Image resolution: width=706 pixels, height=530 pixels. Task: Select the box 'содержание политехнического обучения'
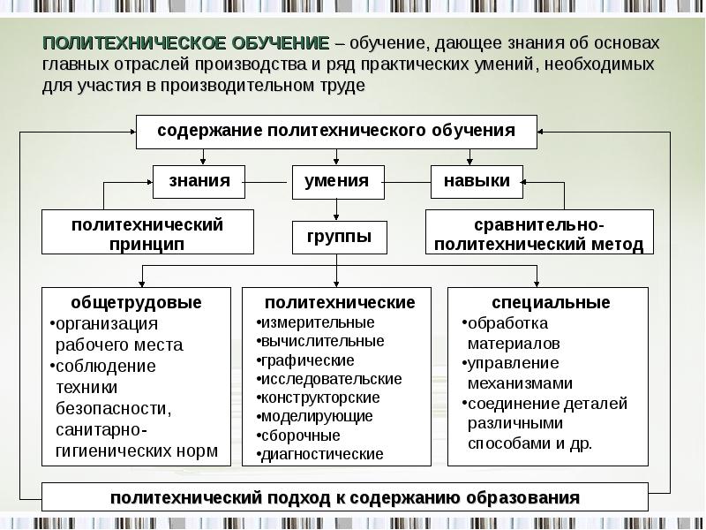click(x=336, y=132)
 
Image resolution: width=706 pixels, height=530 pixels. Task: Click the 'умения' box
click(x=337, y=181)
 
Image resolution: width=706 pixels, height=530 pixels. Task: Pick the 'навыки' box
click(x=477, y=181)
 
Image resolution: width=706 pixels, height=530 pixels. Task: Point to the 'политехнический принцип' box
click(x=147, y=233)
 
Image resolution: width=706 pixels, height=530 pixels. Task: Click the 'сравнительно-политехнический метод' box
click(x=539, y=233)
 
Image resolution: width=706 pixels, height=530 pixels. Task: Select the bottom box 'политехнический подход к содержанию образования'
click(x=345, y=497)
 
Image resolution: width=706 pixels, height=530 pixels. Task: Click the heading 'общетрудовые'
click(x=137, y=302)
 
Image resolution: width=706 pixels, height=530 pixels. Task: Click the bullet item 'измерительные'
click(x=317, y=322)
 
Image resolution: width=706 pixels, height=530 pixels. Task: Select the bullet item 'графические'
click(x=308, y=360)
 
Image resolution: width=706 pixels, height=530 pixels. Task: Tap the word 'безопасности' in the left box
click(x=114, y=409)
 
